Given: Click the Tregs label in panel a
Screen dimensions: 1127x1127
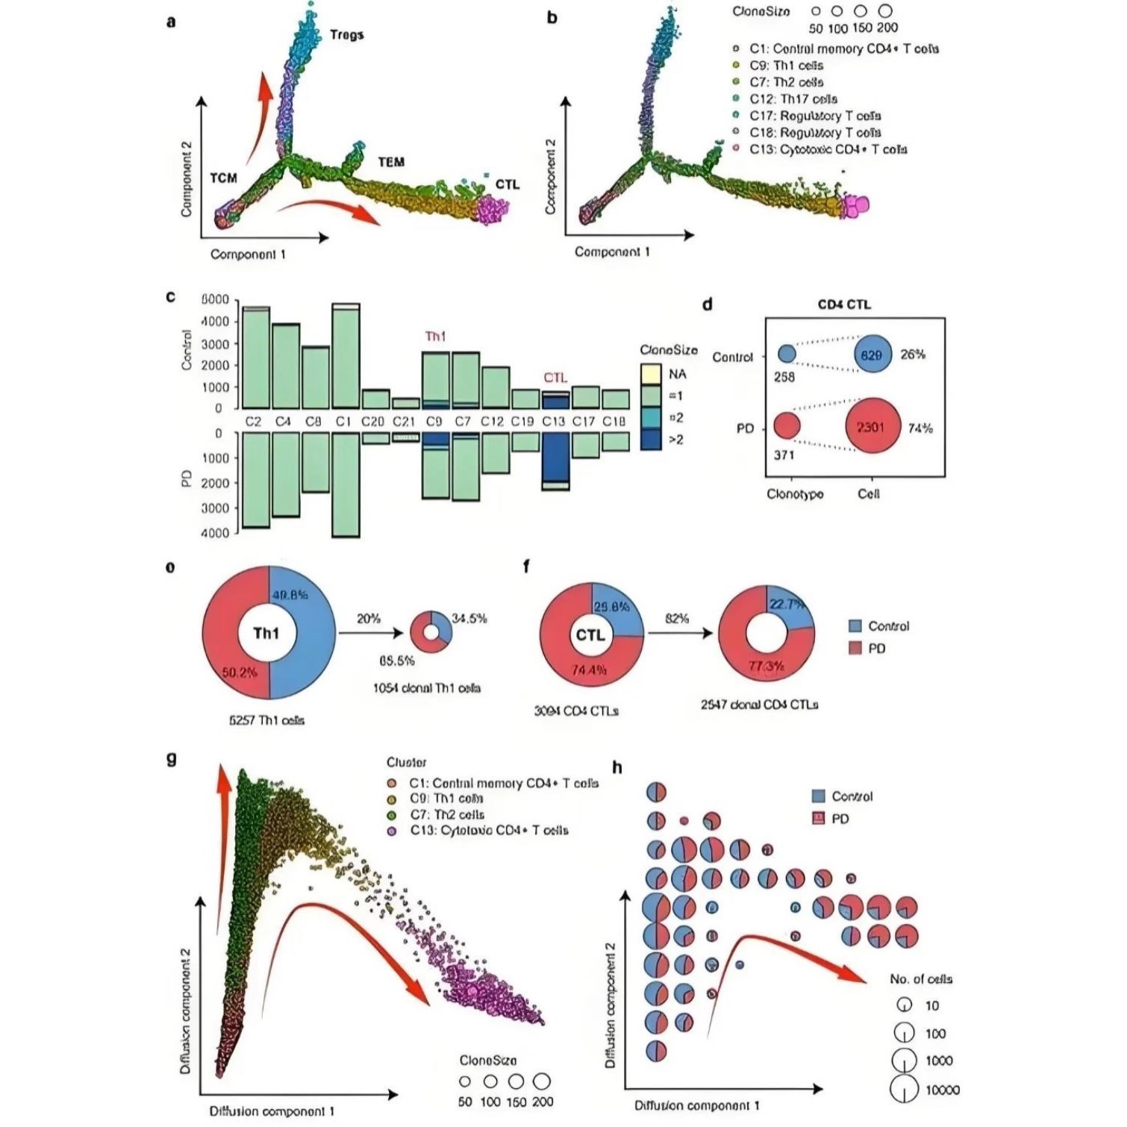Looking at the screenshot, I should (x=347, y=34).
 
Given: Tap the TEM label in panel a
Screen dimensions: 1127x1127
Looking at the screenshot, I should (x=391, y=162).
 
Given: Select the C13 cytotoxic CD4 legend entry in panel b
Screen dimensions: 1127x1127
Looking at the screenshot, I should (x=828, y=149).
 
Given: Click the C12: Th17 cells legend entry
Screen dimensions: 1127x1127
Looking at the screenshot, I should (x=793, y=99).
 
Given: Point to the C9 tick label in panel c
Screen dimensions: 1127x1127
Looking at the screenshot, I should (x=434, y=422).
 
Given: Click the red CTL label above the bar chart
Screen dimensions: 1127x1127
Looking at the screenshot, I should (x=555, y=378).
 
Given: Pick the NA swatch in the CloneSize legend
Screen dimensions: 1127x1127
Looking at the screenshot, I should (x=651, y=374).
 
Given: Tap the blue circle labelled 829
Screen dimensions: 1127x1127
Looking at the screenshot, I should (x=872, y=355).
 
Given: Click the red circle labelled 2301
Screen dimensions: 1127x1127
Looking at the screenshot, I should (x=872, y=427).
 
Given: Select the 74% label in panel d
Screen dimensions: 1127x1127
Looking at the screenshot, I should (x=920, y=428).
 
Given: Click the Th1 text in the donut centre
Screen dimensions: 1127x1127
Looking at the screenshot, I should (x=266, y=634).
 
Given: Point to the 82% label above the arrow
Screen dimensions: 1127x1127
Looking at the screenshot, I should (x=677, y=619).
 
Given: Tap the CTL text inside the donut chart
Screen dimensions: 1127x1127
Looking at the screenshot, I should (x=590, y=635).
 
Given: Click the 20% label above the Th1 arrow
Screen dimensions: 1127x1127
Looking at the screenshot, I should (x=369, y=619).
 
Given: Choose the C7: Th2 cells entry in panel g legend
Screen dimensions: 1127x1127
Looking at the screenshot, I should (x=446, y=815).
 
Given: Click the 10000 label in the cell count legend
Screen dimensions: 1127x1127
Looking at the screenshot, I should (x=942, y=1090).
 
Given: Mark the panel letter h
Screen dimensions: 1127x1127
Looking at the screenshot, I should (x=617, y=768).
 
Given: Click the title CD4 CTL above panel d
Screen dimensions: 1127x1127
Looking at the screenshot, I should (x=844, y=305).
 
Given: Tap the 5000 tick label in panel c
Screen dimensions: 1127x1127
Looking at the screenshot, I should (x=215, y=300).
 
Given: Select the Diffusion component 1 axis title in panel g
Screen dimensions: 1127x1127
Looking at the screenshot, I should (x=272, y=1111).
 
